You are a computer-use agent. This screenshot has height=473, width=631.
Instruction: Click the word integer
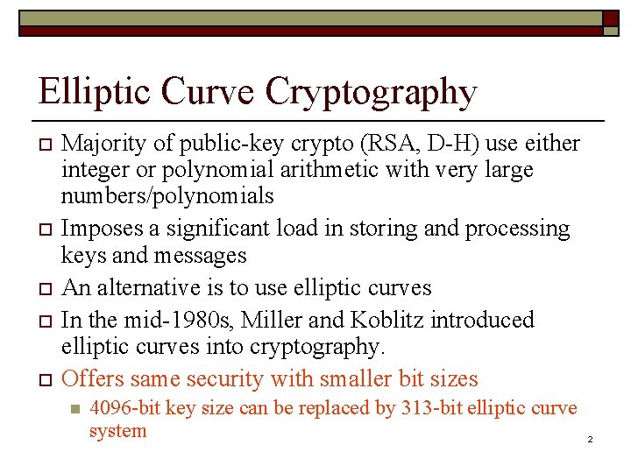coord(95,168)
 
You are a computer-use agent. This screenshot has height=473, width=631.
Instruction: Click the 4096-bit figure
coord(123,408)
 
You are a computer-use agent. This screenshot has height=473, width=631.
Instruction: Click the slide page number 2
coord(591,438)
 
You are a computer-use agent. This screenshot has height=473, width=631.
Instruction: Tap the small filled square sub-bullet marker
coord(74,409)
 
